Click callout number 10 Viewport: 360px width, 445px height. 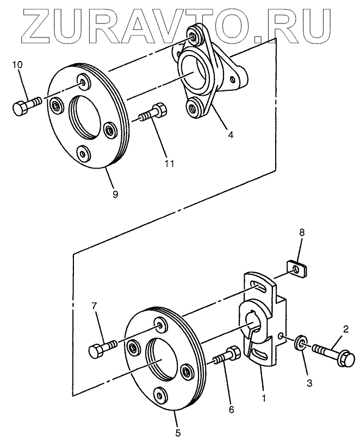pos(17,65)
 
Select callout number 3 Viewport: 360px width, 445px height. pos(310,383)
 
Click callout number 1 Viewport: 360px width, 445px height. pos(264,398)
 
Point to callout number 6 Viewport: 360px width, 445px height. pos(231,409)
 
